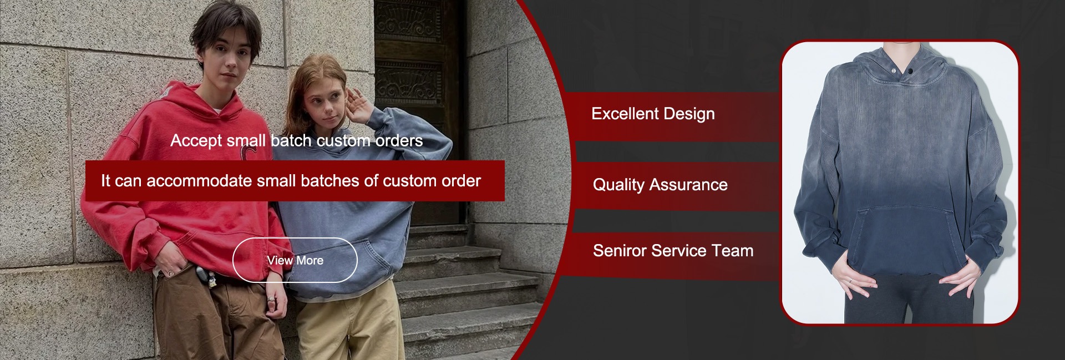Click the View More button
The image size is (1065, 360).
coord(295,260)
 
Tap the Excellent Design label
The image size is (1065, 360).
coord(653,114)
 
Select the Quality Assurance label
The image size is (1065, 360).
coord(660,185)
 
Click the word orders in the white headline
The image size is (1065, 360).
coord(399,141)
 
